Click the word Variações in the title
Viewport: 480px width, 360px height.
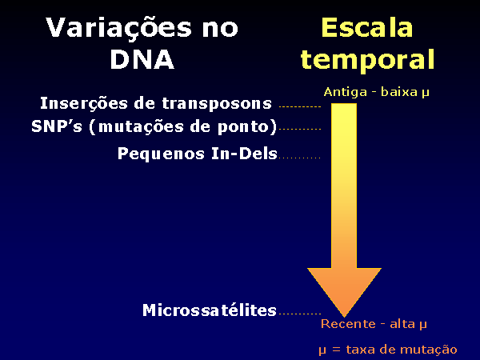[x=118, y=28]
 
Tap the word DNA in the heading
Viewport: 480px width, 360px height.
[x=142, y=59]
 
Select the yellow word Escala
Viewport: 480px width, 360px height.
[x=367, y=27]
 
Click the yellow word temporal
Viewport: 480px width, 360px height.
[x=367, y=59]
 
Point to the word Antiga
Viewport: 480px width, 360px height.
[x=345, y=92]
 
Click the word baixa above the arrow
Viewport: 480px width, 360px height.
[x=399, y=92]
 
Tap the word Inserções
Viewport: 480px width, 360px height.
[x=84, y=103]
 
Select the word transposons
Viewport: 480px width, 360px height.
[x=217, y=103]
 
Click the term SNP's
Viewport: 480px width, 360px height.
[x=57, y=126]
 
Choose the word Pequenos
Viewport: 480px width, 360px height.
[x=161, y=154]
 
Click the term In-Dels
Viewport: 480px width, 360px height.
[x=244, y=154]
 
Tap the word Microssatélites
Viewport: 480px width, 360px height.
[x=210, y=310]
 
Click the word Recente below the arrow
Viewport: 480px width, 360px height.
[x=348, y=324]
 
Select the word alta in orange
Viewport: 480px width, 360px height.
[x=402, y=324]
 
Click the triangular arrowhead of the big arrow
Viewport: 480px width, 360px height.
[x=344, y=288]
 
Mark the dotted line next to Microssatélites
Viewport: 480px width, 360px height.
[x=300, y=314]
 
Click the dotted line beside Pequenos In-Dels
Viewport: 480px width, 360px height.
[x=299, y=158]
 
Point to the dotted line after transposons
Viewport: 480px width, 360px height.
[x=300, y=107]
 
